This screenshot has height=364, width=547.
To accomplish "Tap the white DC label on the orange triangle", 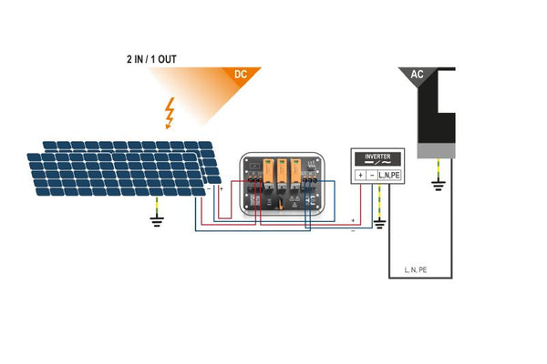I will tap(241, 74).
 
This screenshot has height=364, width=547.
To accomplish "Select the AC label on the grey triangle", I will tap(418, 74).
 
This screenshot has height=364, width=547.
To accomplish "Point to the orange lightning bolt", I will tap(168, 113).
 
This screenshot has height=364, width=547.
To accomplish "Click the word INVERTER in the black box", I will tap(377, 155).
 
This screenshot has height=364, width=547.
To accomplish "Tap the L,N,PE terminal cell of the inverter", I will tap(389, 174).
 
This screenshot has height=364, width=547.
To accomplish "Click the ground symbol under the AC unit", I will tap(439, 187).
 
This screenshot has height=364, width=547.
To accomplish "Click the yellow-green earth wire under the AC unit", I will tap(439, 169).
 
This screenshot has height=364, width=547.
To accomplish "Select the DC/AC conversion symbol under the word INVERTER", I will tap(377, 163).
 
